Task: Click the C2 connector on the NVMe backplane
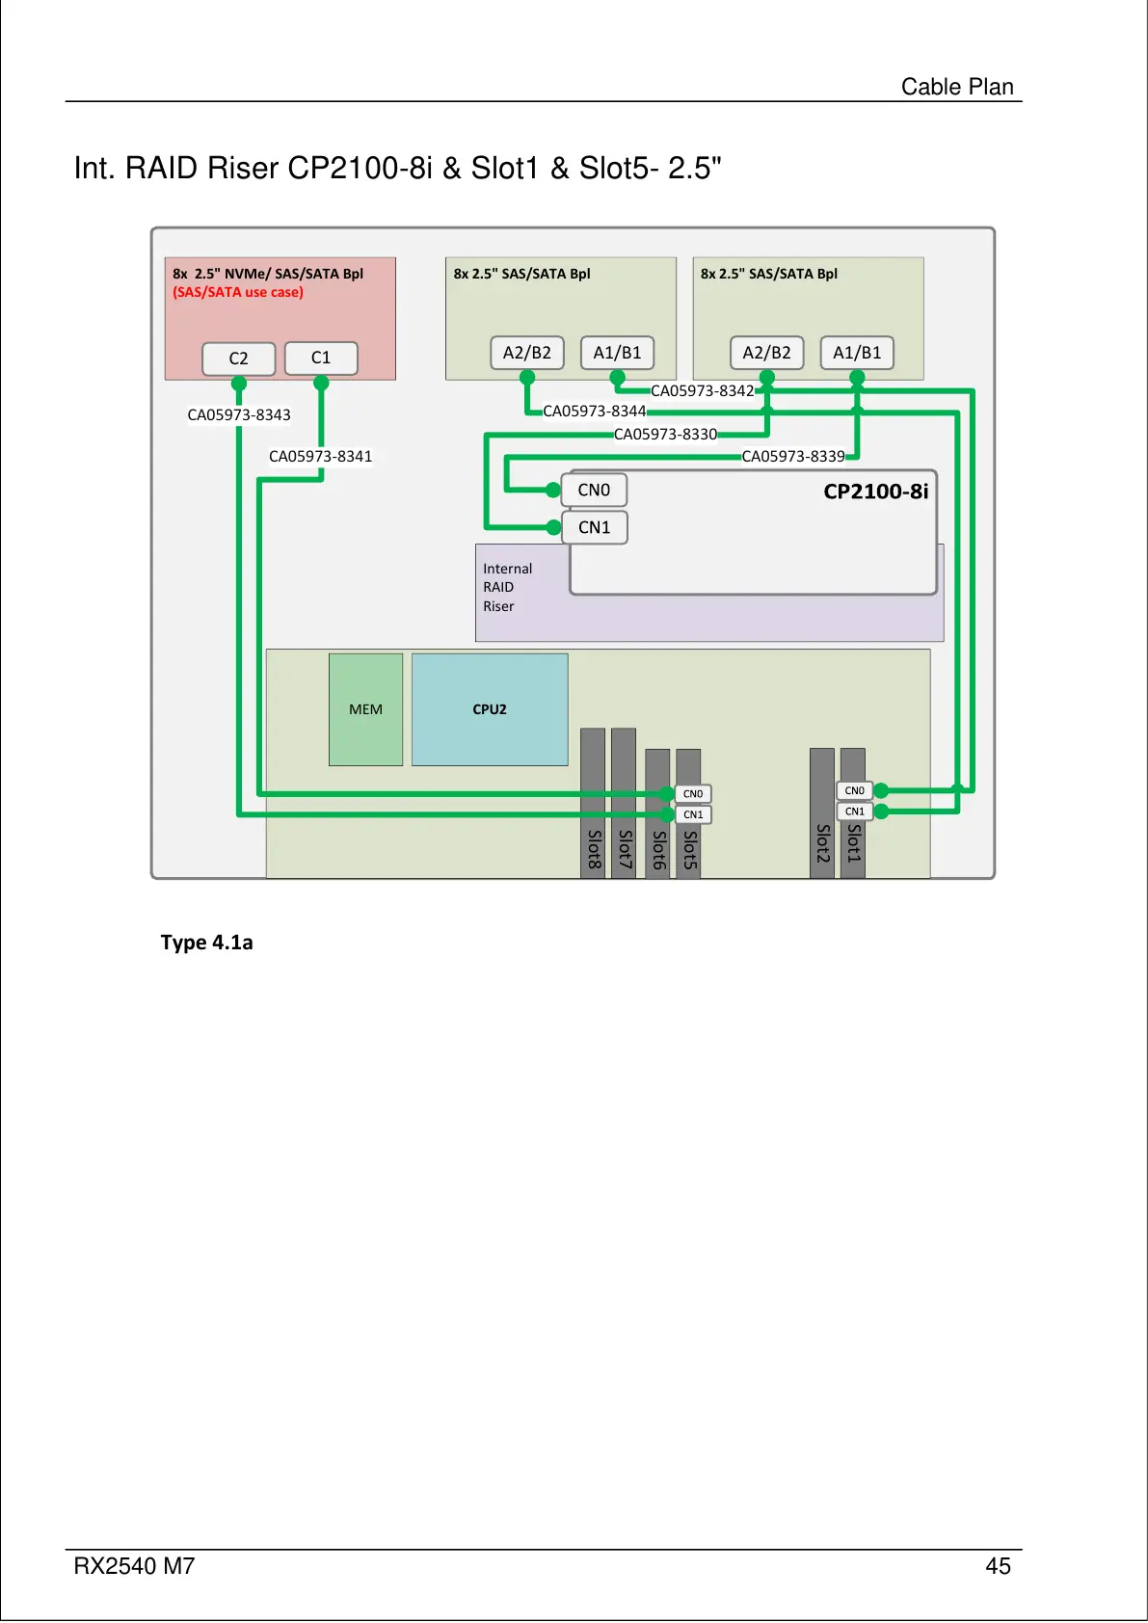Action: tap(238, 359)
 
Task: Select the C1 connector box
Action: tap(321, 358)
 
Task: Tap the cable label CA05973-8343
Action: tap(239, 414)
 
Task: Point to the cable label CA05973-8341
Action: tap(320, 456)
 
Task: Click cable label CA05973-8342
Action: tap(703, 390)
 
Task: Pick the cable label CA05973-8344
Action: tap(595, 411)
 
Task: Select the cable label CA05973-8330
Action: tap(665, 434)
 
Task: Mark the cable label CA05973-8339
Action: tap(793, 456)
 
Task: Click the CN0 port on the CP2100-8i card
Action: tap(595, 490)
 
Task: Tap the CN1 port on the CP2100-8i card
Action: tap(595, 527)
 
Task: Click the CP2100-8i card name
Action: tap(875, 492)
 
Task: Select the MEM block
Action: tap(366, 709)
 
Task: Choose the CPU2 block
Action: tap(490, 709)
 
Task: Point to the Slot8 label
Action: tap(594, 849)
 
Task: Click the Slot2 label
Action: tap(822, 843)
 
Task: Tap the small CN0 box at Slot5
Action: tap(693, 793)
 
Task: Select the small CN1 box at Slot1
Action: tap(854, 811)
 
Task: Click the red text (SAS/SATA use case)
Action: tap(238, 292)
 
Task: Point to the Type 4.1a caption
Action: tap(206, 942)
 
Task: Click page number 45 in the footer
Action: tap(998, 1566)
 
